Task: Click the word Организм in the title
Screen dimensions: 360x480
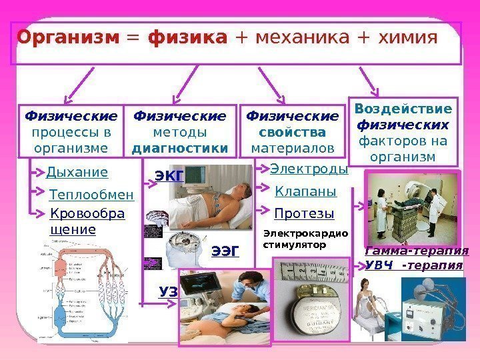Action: pos(67,38)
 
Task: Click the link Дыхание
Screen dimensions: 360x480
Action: pos(77,173)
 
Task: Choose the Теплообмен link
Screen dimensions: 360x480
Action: pos(91,195)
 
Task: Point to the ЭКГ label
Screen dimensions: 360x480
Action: pos(169,177)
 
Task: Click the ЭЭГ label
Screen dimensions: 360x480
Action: pos(225,251)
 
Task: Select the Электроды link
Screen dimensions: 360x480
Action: pos(309,169)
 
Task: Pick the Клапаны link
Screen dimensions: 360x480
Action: pos(305,192)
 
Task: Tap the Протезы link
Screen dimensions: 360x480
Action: pos(304,214)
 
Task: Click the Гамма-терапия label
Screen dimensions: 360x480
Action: pos(417,251)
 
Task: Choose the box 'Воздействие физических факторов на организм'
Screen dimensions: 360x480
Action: pos(403,131)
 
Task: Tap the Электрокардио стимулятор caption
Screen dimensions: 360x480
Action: pos(295,239)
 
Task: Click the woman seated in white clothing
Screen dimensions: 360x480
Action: pos(369,303)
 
